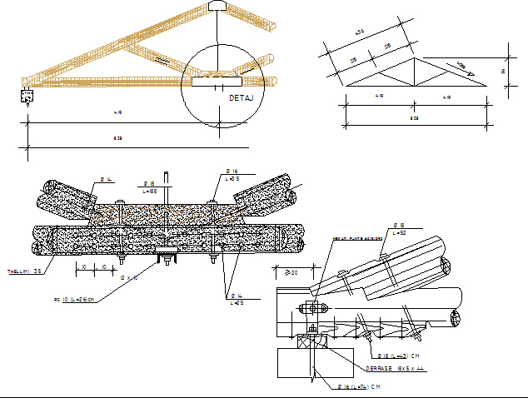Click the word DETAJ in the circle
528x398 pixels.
coord(241,98)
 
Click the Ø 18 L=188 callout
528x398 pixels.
coord(150,187)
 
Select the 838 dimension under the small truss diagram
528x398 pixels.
coord(414,118)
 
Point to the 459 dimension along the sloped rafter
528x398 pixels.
coord(360,32)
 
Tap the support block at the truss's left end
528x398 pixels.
coord(26,95)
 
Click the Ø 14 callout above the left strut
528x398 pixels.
coord(107,179)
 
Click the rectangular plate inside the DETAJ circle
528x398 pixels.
coord(217,82)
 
